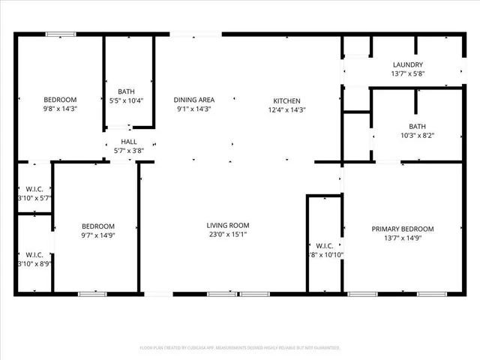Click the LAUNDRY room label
[407, 65]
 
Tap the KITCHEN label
[286, 100]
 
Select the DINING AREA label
[194, 100]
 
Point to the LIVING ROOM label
[228, 226]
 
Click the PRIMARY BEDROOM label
[403, 229]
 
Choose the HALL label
[129, 141]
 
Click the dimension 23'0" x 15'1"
[228, 235]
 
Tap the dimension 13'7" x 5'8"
[407, 74]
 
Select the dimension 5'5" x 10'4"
[126, 100]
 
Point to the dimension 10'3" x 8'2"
[417, 136]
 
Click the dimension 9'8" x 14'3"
[59, 109]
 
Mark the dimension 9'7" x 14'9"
[97, 235]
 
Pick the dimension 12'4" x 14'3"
[286, 109]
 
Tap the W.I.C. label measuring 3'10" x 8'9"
[33, 263]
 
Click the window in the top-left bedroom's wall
[60, 34]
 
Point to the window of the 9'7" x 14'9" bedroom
[93, 293]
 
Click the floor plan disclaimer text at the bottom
[240, 348]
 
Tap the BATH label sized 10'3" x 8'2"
[417, 127]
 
